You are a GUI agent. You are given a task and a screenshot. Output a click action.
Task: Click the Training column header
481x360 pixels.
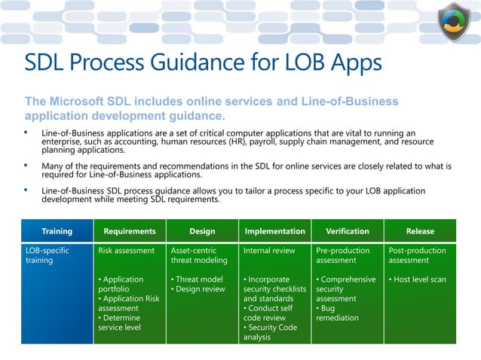[57, 231]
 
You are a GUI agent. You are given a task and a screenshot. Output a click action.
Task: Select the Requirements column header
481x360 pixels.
[130, 231]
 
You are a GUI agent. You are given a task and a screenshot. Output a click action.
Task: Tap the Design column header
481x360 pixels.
[202, 231]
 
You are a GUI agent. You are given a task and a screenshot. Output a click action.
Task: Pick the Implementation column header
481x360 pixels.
[274, 231]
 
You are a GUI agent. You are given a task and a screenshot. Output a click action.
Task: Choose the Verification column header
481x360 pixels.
[347, 231]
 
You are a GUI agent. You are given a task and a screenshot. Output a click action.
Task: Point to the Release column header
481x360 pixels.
[420, 231]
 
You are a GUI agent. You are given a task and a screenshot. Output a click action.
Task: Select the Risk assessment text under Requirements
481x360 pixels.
[127, 251]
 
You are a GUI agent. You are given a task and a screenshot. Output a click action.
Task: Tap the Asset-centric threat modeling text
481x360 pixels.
[199, 255]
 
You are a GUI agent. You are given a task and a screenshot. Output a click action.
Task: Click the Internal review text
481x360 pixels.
[269, 251]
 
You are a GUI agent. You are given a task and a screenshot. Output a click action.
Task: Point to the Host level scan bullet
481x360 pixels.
[418, 279]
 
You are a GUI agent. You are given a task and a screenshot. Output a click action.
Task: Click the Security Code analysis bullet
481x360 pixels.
[270, 332]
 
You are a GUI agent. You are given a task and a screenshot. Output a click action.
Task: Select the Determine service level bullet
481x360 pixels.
[121, 323]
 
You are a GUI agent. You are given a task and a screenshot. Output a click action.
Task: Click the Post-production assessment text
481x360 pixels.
[417, 255]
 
